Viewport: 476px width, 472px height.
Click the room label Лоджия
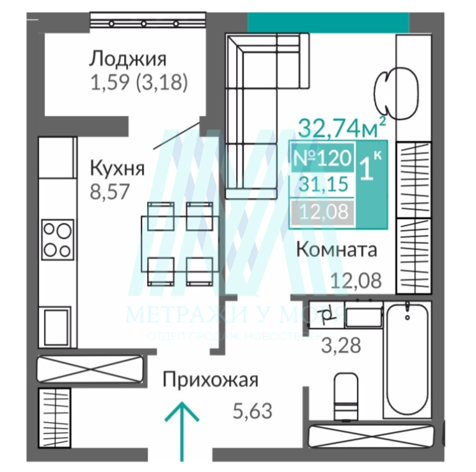[x=127, y=60]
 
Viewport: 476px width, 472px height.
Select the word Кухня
[x=116, y=169]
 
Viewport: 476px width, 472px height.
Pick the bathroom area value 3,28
[x=340, y=345]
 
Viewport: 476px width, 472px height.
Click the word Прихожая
[x=210, y=380]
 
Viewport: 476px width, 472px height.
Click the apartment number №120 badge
[x=322, y=157]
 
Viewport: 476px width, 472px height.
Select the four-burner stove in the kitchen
[x=56, y=238]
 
